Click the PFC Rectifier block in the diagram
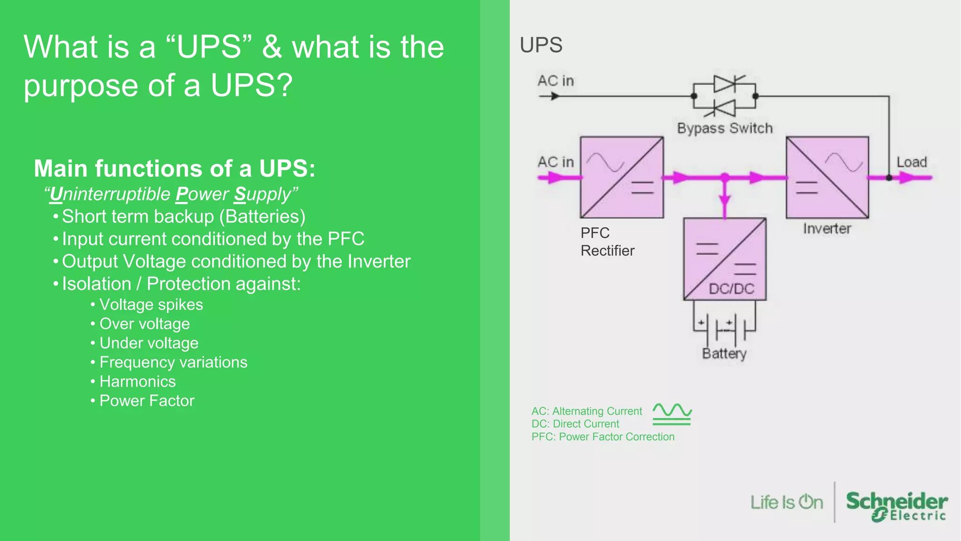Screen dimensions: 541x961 tap(622, 178)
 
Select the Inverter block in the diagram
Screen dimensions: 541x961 tap(827, 178)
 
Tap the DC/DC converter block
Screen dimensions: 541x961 tap(725, 259)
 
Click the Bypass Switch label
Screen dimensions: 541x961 tap(725, 128)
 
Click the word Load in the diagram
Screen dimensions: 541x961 tap(912, 162)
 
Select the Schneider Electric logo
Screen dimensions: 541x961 tap(896, 506)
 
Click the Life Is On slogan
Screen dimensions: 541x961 tap(786, 502)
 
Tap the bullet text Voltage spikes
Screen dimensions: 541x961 tap(151, 305)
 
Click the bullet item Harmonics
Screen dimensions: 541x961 tap(137, 381)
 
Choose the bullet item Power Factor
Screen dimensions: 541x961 tap(147, 401)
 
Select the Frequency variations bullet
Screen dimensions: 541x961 tap(173, 362)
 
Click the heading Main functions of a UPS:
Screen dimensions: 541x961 tap(175, 169)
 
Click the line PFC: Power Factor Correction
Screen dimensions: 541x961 tap(603, 437)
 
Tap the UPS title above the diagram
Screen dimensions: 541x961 tap(541, 45)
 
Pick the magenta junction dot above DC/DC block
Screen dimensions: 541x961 tap(725, 178)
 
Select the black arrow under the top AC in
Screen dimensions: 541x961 tap(550, 96)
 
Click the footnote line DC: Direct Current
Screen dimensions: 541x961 tap(575, 424)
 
